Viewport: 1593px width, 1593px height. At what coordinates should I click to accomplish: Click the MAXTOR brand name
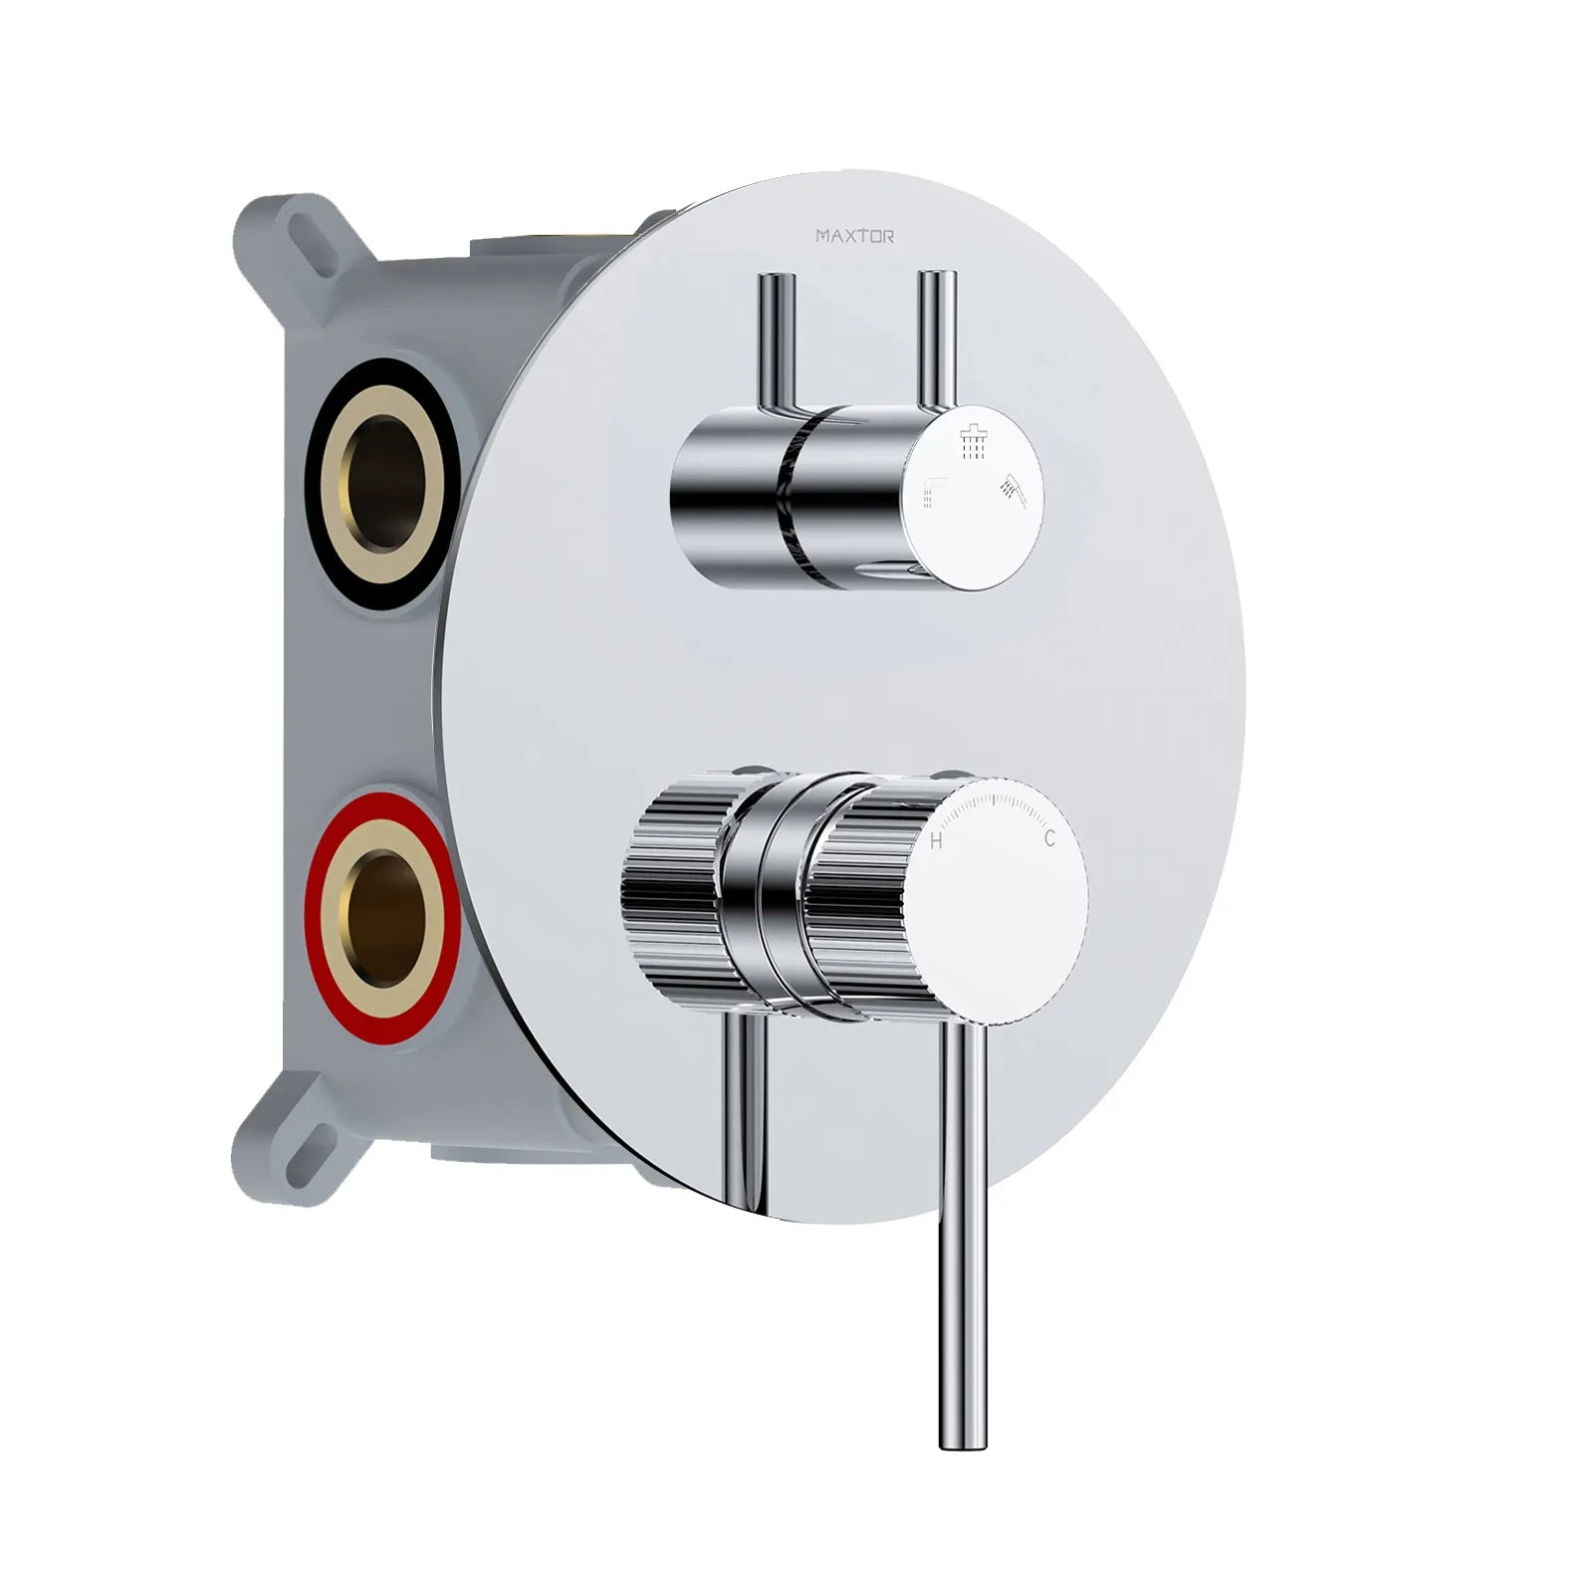click(x=854, y=236)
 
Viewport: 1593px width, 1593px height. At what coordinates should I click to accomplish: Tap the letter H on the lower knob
click(x=936, y=842)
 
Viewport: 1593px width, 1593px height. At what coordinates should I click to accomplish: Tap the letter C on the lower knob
click(x=1049, y=839)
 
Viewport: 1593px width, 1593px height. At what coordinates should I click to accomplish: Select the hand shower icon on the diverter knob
click(x=1013, y=489)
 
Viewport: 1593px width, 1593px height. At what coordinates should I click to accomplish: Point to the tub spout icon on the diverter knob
click(x=933, y=493)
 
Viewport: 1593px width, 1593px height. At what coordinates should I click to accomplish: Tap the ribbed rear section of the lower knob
click(x=673, y=886)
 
